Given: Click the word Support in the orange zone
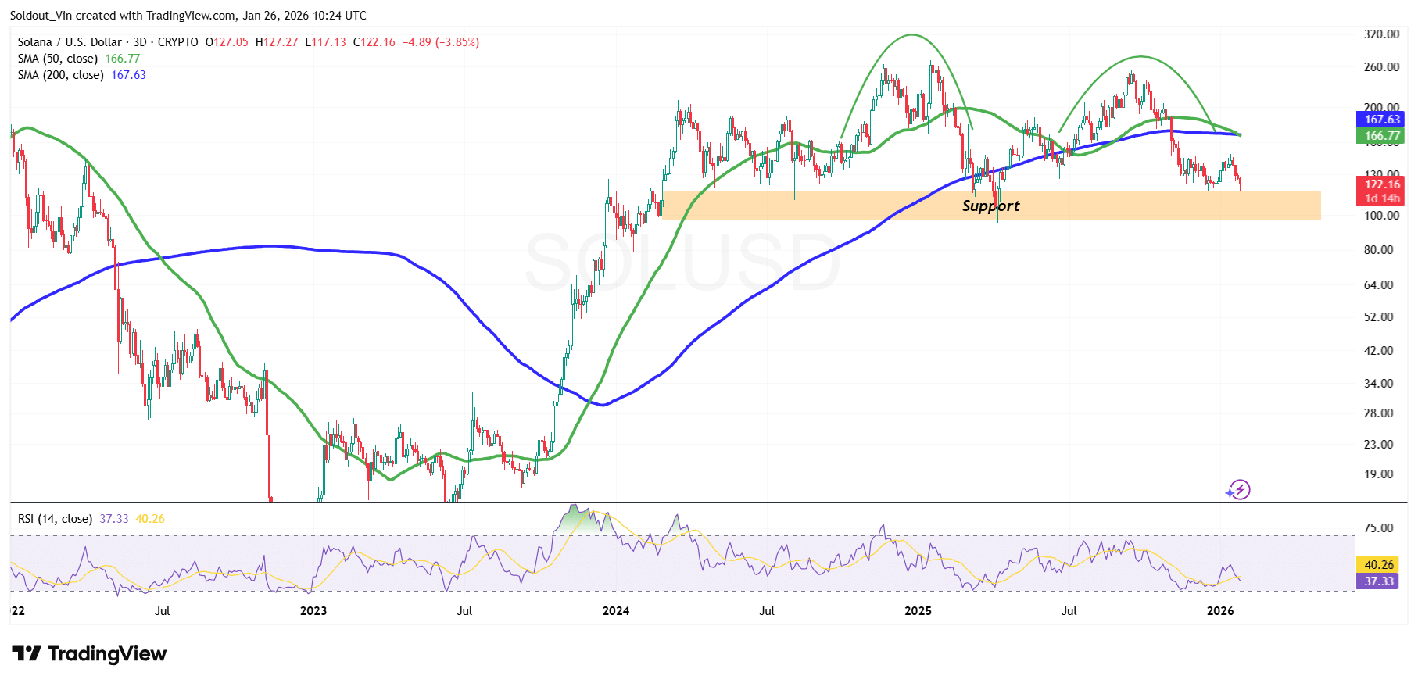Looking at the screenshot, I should tap(990, 206).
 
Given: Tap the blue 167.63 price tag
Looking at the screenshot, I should tap(1381, 120).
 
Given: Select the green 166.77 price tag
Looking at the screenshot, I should tap(1381, 136).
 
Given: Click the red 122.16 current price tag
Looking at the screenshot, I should tap(1381, 184).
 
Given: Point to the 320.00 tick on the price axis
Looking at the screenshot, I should tap(1381, 34).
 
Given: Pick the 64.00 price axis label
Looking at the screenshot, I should tap(1378, 285).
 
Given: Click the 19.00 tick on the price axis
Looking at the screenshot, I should tap(1378, 474).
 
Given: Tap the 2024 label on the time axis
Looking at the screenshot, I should tap(616, 611).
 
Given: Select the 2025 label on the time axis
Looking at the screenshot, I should tap(918, 611).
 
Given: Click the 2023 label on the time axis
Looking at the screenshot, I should tap(313, 611).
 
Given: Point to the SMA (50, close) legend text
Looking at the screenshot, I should tap(58, 59).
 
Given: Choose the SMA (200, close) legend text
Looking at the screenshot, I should tap(61, 75).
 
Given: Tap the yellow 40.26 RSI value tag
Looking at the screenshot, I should tap(1378, 564).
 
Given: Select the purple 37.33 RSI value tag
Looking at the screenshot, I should tap(1378, 581).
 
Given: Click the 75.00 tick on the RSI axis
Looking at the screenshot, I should tap(1378, 528).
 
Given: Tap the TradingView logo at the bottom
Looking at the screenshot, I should tap(90, 653).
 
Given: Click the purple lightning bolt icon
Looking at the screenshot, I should tap(1238, 490).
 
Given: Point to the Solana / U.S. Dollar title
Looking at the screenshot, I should tap(70, 42).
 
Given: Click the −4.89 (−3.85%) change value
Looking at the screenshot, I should tap(441, 42).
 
